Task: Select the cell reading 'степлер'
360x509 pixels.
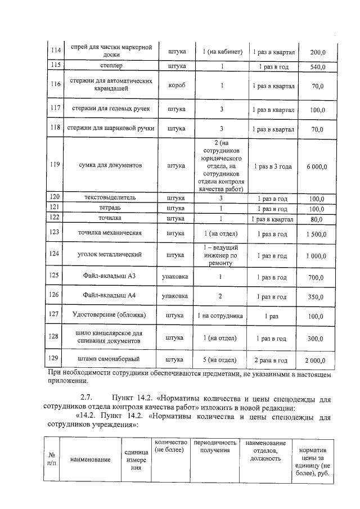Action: (x=110, y=66)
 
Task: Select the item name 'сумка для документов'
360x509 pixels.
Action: (x=110, y=165)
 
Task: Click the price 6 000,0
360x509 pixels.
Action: (x=317, y=166)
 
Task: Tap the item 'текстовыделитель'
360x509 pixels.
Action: (x=110, y=199)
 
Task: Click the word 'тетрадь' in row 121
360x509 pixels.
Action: (x=110, y=208)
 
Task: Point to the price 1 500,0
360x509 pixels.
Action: (x=317, y=234)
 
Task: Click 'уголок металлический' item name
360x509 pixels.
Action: (x=110, y=254)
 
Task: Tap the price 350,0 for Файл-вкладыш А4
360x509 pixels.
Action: (x=317, y=297)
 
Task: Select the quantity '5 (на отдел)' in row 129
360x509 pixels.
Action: (x=219, y=360)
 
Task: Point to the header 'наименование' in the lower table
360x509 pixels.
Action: (x=90, y=460)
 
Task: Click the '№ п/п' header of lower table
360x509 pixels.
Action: (x=52, y=459)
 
